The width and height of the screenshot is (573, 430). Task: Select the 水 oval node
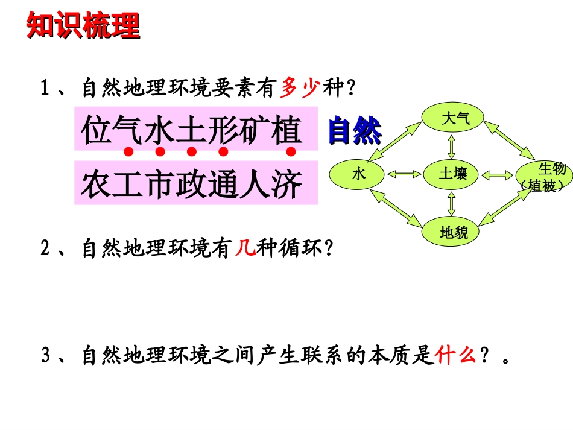(x=359, y=174)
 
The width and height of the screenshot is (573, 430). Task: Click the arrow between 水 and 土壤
(x=404, y=175)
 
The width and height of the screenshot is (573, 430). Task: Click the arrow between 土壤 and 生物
(x=497, y=175)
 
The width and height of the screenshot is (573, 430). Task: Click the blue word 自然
(x=355, y=131)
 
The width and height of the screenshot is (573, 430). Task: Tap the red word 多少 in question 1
(x=300, y=89)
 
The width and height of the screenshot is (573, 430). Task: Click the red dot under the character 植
(x=291, y=151)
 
